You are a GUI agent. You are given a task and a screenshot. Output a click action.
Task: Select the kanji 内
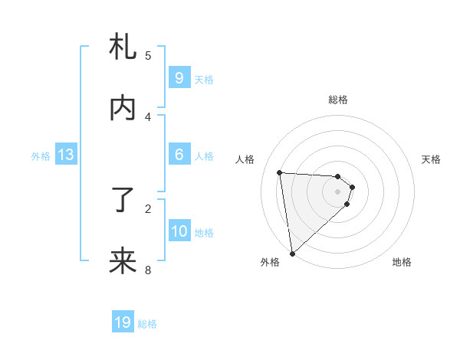(123, 109)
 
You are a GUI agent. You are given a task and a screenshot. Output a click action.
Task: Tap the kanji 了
(123, 201)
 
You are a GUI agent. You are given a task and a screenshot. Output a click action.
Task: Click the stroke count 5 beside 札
(148, 55)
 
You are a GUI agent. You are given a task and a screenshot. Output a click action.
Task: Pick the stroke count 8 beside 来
(148, 269)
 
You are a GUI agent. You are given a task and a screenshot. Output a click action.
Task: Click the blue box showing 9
(179, 78)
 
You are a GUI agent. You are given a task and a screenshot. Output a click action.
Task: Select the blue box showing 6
(179, 155)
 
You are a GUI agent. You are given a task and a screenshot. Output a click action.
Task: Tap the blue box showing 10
(179, 231)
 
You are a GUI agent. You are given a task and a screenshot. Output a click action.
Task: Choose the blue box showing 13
(66, 155)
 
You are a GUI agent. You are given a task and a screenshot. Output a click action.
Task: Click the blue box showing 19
(123, 322)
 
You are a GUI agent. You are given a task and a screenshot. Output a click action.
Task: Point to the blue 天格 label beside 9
(204, 79)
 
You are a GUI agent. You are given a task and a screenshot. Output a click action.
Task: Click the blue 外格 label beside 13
(41, 155)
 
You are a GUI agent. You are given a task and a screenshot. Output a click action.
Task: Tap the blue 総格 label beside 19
(147, 323)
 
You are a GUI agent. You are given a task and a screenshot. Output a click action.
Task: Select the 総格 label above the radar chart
(338, 100)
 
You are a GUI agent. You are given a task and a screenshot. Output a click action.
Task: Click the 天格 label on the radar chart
(432, 159)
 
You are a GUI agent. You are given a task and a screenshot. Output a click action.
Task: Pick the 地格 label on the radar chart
(402, 262)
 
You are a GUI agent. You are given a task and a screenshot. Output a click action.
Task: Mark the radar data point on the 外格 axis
(292, 253)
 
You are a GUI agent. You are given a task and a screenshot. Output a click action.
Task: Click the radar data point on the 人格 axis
(280, 172)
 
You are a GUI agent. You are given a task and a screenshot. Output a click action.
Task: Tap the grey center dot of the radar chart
(338, 191)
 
